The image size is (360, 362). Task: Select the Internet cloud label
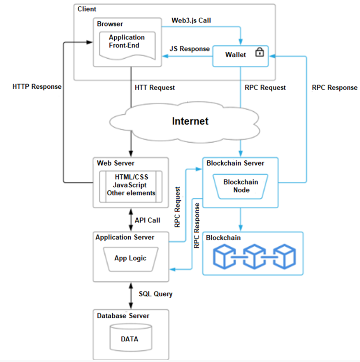pos(191,121)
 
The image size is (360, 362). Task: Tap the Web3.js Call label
pos(191,21)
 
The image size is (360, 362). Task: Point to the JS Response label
pos(190,49)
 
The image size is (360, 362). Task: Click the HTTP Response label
pos(37,87)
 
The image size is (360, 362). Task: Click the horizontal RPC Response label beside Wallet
pos(335,87)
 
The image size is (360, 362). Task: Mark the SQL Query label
pos(156,293)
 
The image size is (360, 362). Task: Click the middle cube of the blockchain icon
pos(254,256)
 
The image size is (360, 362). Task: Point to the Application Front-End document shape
pos(127,45)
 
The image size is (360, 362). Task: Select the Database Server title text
pos(123,315)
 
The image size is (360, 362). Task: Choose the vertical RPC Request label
pos(178,207)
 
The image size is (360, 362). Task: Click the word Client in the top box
pos(87,9)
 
